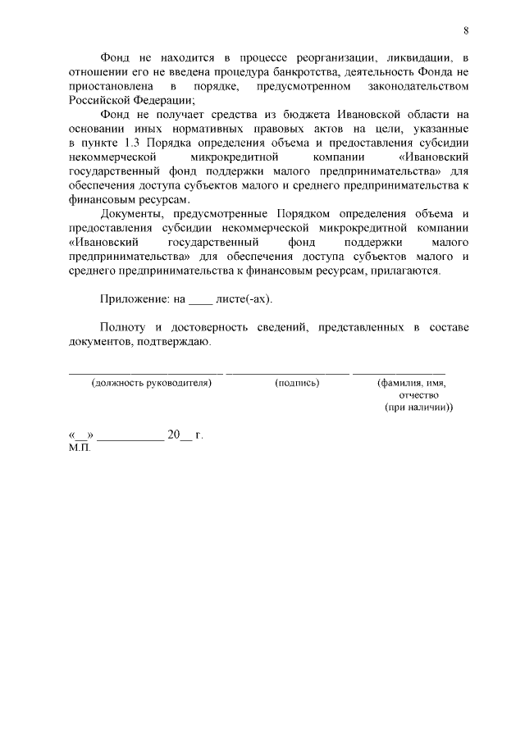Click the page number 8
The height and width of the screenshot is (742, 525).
pos(466,31)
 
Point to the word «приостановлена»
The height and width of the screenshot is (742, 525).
pos(108,86)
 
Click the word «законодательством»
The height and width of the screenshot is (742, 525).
pos(420,86)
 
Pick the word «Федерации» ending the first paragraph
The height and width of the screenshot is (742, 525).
pos(164,100)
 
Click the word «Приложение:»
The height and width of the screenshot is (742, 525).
pos(134,299)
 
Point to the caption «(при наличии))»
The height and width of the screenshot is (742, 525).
pos(419,407)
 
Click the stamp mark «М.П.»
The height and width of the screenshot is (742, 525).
pos(80,449)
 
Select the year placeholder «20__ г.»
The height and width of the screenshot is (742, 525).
pos(185,435)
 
